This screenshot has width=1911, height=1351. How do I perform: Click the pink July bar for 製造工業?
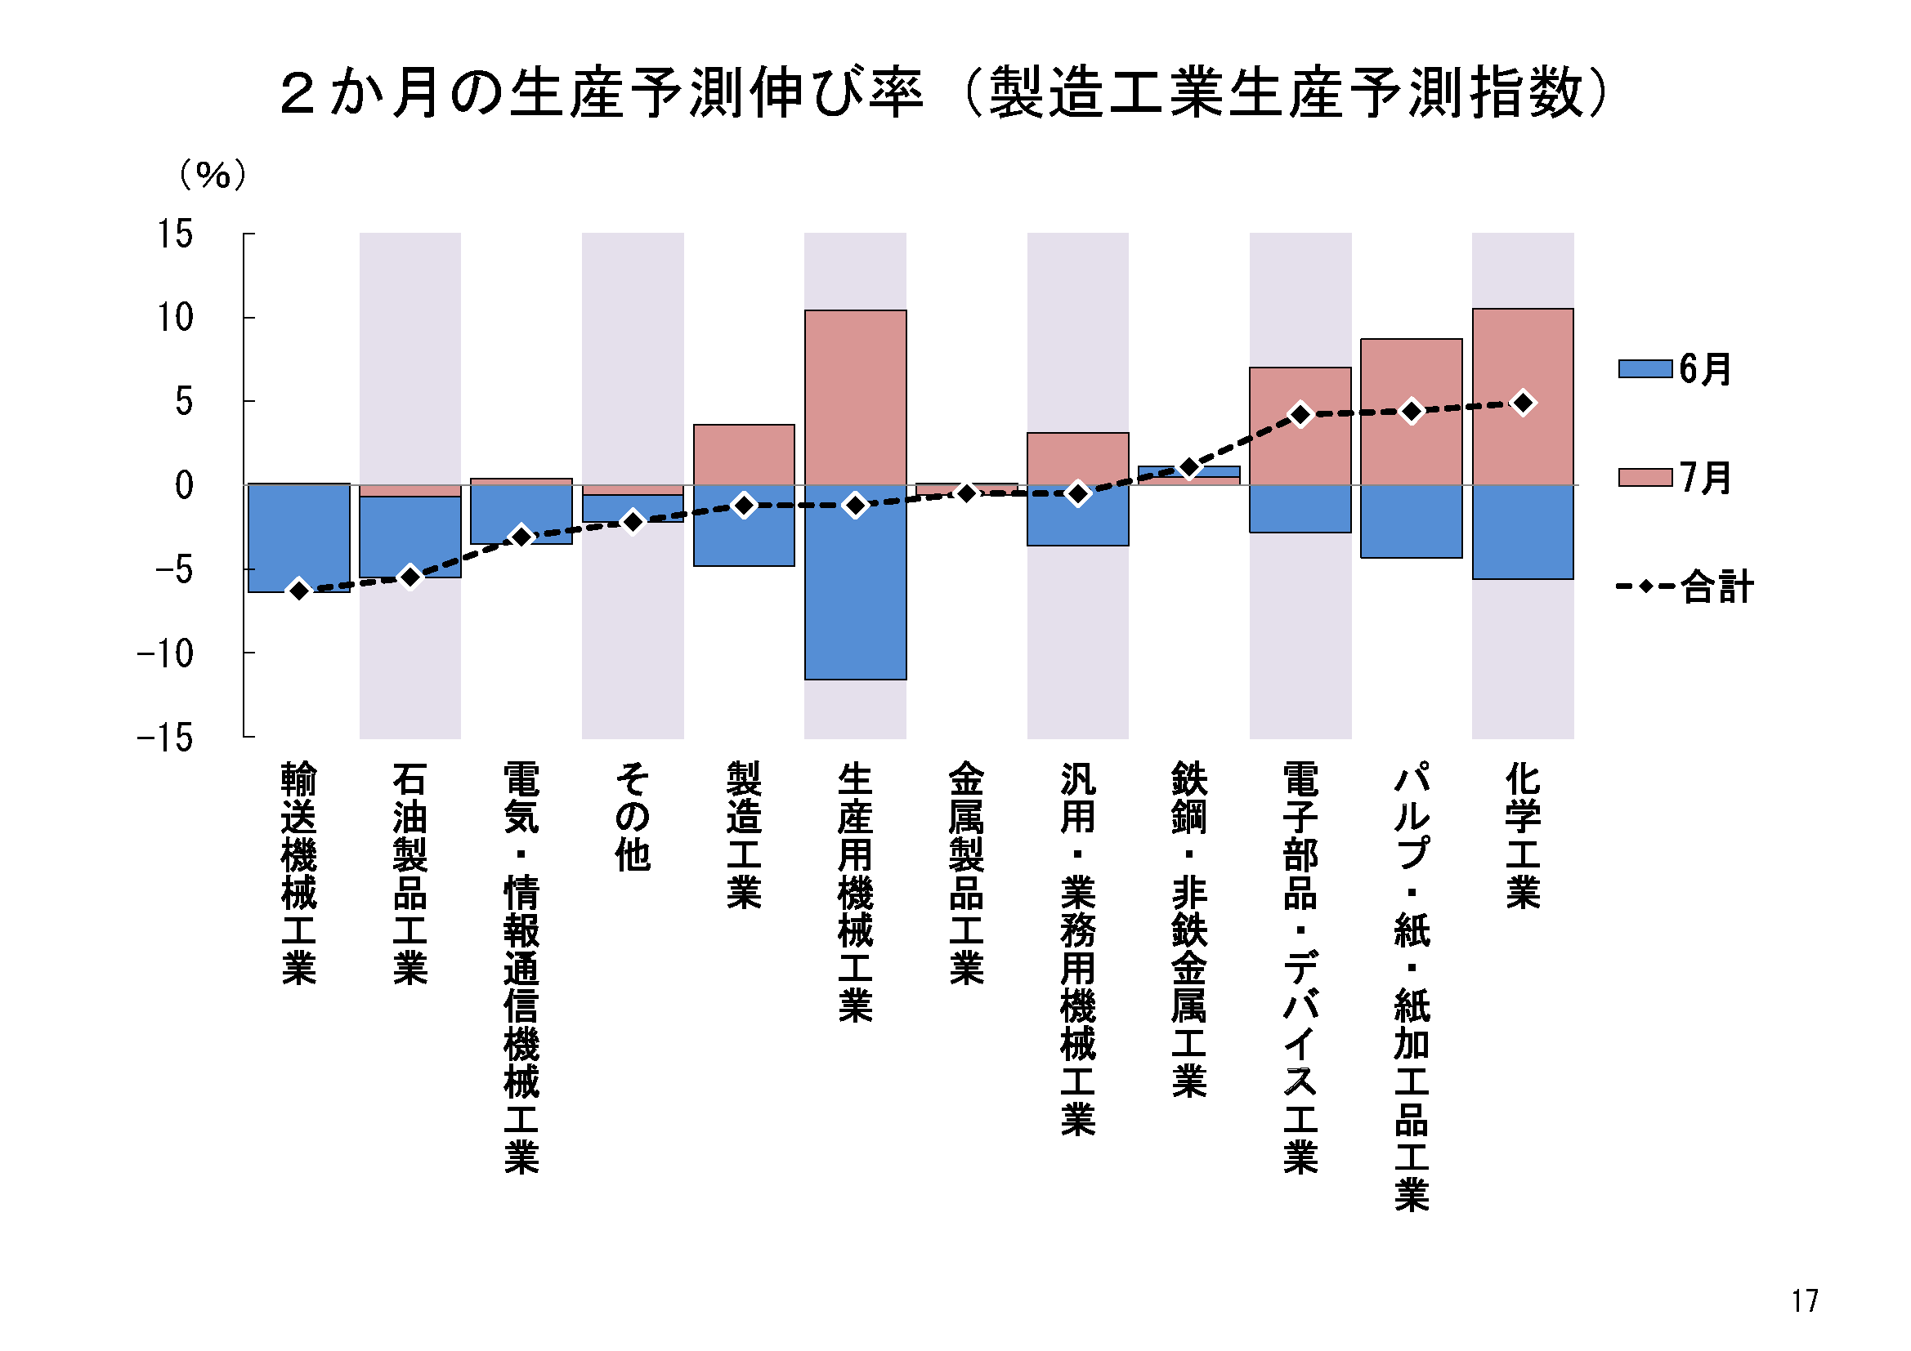[x=744, y=454]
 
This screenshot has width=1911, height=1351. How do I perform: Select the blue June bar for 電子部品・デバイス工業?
[x=1300, y=508]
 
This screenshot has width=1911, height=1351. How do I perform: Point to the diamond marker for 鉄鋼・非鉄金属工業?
[x=1189, y=468]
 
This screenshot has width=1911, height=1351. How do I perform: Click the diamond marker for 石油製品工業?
[x=410, y=577]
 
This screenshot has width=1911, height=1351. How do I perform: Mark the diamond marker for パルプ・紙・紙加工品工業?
[x=1412, y=411]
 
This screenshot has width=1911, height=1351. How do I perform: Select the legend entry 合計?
[x=1685, y=586]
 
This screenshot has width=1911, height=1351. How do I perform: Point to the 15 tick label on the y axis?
[x=176, y=234]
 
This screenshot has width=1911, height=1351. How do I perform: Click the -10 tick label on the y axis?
[x=166, y=655]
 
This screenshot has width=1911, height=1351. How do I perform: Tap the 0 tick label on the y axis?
[x=184, y=486]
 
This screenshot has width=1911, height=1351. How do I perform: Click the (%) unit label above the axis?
[x=213, y=175]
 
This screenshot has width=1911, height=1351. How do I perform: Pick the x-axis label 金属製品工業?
[x=966, y=872]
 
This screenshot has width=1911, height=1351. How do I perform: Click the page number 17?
[x=1805, y=1301]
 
